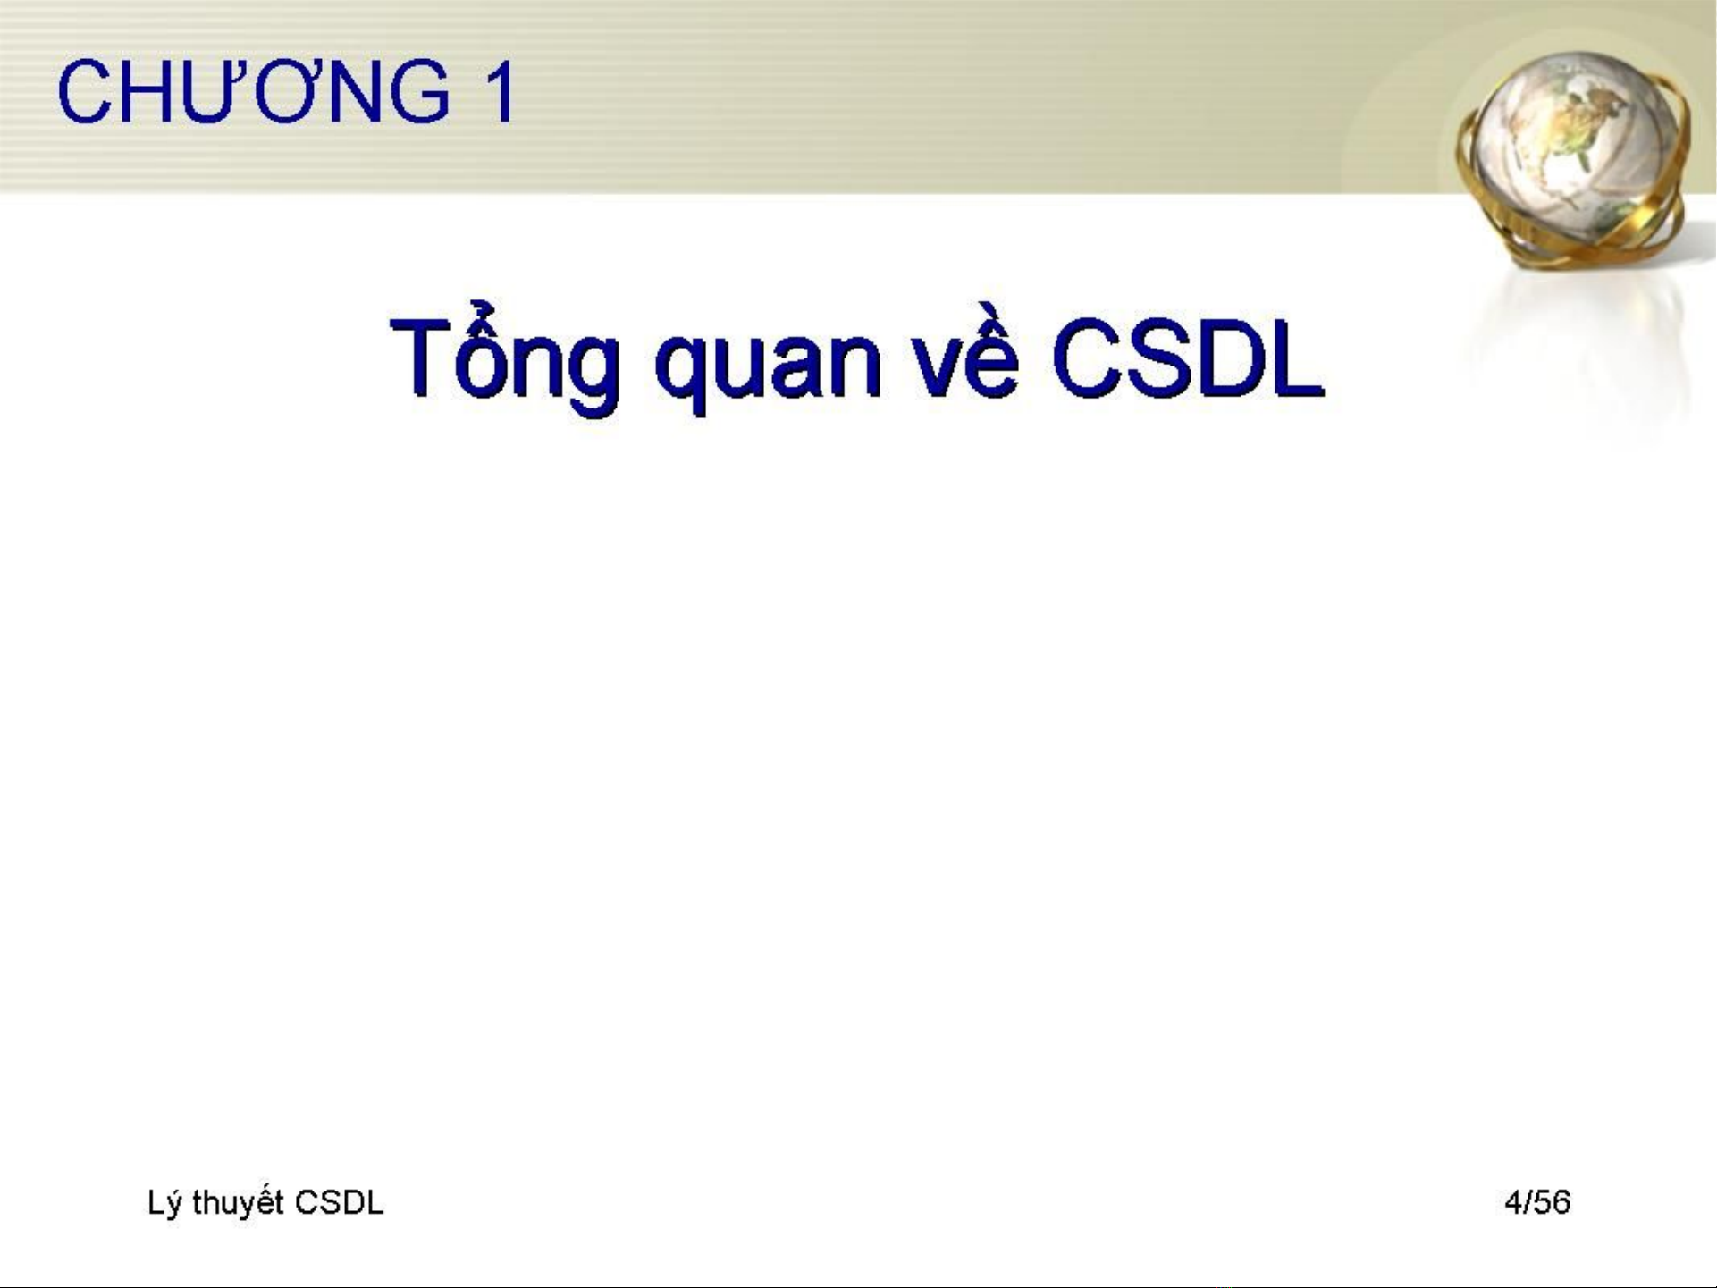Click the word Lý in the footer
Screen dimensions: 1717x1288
pyautogui.click(x=165, y=1203)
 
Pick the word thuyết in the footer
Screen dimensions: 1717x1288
pyautogui.click(x=239, y=1202)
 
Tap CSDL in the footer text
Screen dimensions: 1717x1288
pyautogui.click(x=339, y=1202)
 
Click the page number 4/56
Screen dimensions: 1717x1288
pyautogui.click(x=1537, y=1202)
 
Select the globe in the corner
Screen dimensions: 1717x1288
pyautogui.click(x=1575, y=156)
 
